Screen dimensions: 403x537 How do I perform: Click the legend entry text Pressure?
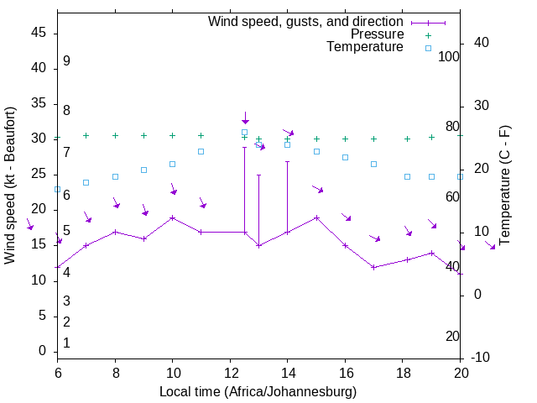(x=378, y=34)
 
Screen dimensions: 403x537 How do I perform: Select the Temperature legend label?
(x=365, y=47)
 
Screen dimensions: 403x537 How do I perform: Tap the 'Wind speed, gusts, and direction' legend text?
(x=306, y=21)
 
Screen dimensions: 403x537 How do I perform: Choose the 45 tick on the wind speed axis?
(x=39, y=32)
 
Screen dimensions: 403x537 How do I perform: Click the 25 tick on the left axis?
(x=39, y=174)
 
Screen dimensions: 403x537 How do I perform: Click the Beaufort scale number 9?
(x=66, y=61)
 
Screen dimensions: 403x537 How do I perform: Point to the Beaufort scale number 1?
(x=66, y=343)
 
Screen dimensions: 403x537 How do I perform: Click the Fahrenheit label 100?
(x=449, y=56)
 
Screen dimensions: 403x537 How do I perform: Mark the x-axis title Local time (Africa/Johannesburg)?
(x=258, y=392)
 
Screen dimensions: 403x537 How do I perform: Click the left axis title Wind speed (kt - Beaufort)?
(x=11, y=185)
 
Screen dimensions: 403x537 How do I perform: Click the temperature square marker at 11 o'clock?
(x=201, y=151)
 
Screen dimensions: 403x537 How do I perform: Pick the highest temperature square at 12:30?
(x=245, y=132)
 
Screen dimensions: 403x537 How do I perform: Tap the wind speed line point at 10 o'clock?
(x=173, y=217)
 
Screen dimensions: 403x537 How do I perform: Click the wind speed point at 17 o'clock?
(x=374, y=267)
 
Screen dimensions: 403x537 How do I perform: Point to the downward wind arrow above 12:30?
(x=246, y=118)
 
